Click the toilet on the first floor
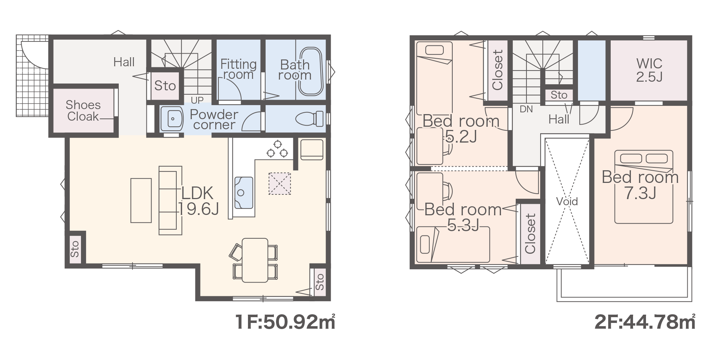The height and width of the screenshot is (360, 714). [x=309, y=118]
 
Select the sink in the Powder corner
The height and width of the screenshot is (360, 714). [x=172, y=118]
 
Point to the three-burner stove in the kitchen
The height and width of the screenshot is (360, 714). [x=277, y=149]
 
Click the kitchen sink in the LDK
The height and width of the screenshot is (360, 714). [x=244, y=193]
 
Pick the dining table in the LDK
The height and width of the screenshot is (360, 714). [x=255, y=260]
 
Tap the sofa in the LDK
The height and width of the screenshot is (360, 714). [x=170, y=201]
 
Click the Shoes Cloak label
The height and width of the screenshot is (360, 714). [x=83, y=111]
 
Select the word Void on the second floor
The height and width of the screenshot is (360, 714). [x=567, y=201]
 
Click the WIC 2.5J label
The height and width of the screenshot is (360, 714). [x=649, y=70]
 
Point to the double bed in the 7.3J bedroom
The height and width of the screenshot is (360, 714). [x=643, y=187]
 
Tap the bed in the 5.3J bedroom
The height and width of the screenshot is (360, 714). [x=453, y=244]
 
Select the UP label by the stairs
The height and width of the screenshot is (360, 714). [x=197, y=100]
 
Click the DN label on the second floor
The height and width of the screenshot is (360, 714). [x=526, y=109]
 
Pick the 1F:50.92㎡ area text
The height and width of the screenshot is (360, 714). [x=285, y=322]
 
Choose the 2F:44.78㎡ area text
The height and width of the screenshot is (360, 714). [x=645, y=322]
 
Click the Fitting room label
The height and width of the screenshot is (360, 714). [x=238, y=69]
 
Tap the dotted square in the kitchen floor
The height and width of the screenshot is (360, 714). [x=280, y=184]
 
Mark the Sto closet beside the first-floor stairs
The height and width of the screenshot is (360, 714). [x=165, y=86]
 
